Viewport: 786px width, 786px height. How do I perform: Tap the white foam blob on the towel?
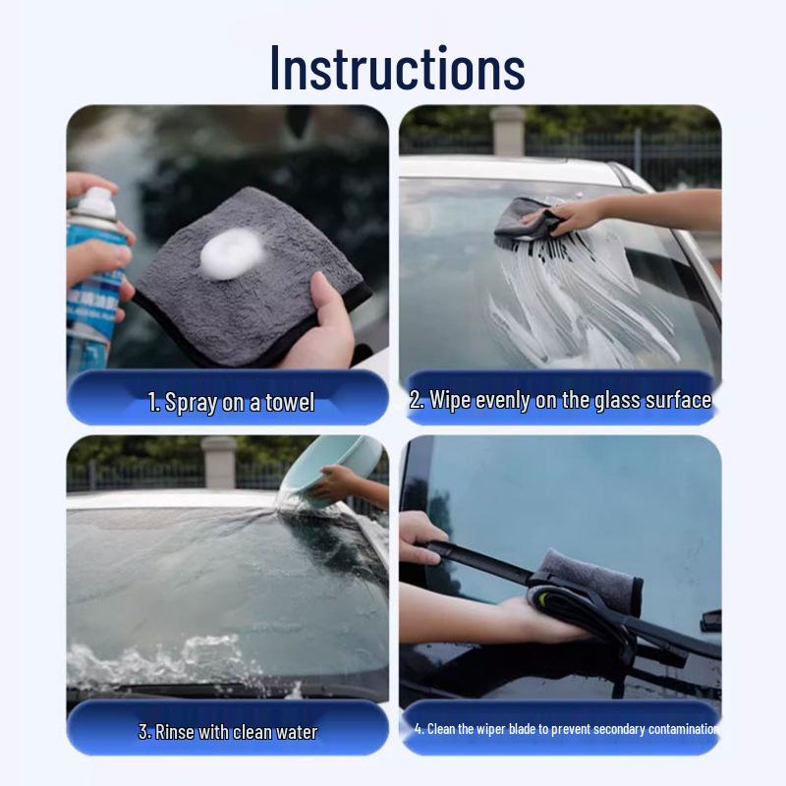(232, 253)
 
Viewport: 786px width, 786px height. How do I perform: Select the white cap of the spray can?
(96, 202)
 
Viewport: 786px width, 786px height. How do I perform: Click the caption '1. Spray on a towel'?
(231, 402)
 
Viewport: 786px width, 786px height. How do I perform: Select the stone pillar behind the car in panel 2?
(508, 130)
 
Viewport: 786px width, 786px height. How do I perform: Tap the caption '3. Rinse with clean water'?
(227, 732)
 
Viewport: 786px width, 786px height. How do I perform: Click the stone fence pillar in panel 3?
(218, 462)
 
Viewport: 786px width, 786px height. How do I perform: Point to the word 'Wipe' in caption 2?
(451, 400)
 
